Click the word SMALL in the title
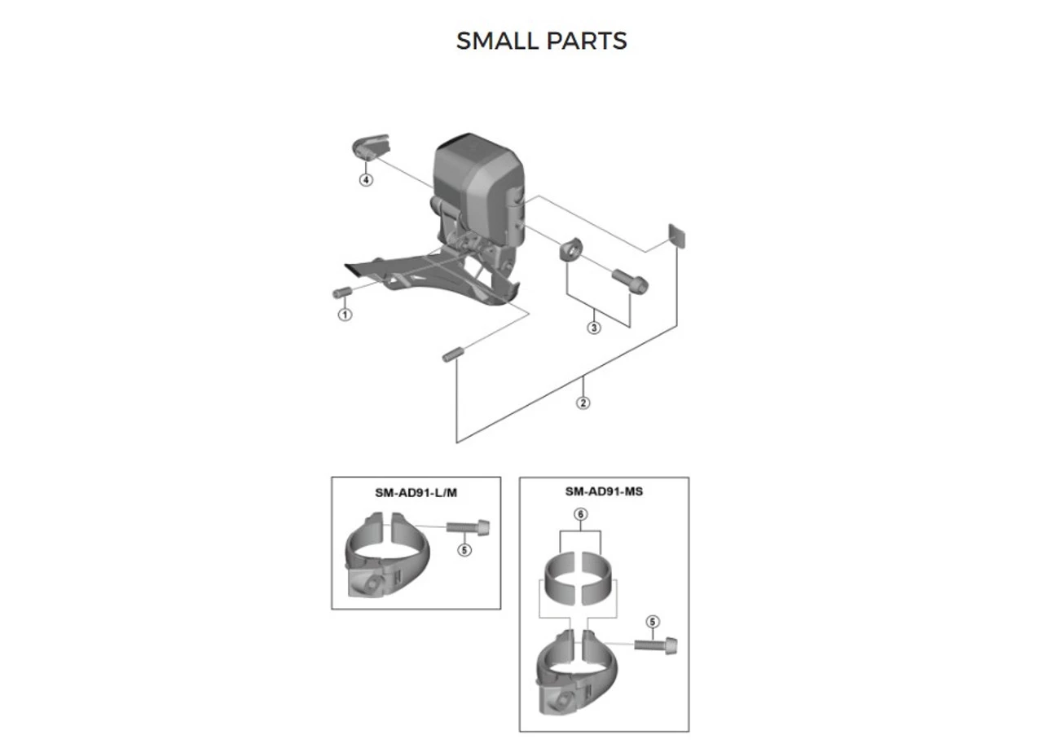tap(498, 41)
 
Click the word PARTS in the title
tap(587, 41)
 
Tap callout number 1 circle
tap(345, 315)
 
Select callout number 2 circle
tap(583, 403)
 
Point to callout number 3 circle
tap(594, 328)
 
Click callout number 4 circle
tap(367, 179)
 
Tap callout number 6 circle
tap(581, 514)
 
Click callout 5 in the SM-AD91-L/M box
tap(464, 550)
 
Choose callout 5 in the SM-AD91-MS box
tap(653, 622)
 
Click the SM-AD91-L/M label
tap(416, 493)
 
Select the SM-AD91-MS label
tap(604, 491)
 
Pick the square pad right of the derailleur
tap(677, 236)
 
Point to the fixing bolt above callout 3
tap(630, 281)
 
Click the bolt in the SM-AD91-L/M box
tap(468, 526)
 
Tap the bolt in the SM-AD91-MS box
tap(656, 645)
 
